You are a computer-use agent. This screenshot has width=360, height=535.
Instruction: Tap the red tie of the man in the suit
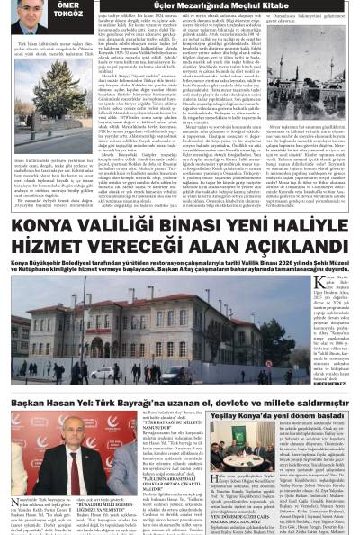(76, 465)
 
